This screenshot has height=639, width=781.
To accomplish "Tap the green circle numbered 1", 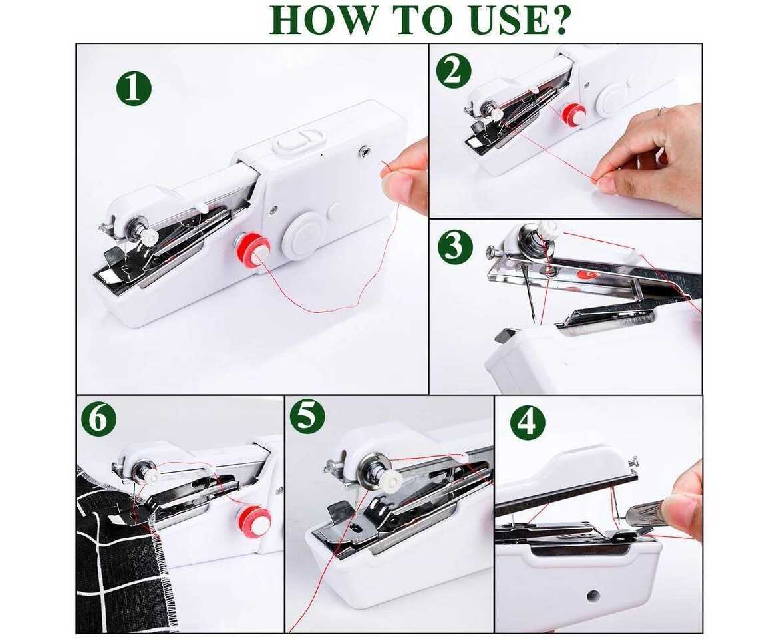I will coord(134,88).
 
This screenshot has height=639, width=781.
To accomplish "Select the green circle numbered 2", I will coord(454,71).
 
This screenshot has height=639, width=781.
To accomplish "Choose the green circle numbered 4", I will coord(528,422).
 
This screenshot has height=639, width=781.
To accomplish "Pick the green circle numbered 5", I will coord(307,417).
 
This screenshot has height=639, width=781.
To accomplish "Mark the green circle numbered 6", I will coord(98,419).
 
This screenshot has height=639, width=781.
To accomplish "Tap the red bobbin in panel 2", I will coord(573,114).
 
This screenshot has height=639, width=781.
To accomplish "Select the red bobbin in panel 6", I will coord(255,521).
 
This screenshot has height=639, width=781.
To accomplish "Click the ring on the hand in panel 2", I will coord(661,111).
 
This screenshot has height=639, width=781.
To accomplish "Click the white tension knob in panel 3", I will coord(547,229).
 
